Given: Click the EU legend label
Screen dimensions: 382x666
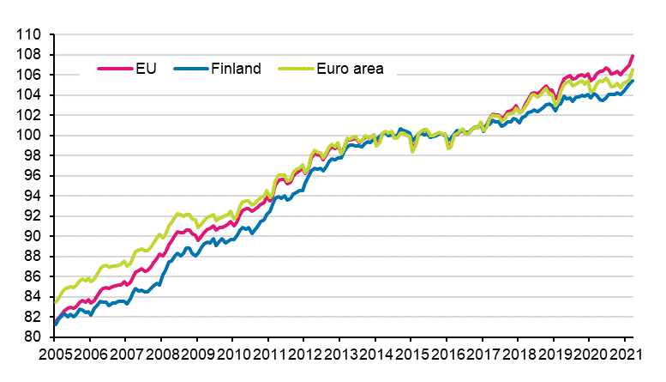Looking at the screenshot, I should (x=146, y=69).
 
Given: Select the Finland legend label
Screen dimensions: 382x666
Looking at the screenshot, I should (x=235, y=69).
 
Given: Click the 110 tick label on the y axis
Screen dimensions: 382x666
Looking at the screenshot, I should (x=30, y=35).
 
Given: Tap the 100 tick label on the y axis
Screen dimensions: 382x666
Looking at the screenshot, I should (x=30, y=136).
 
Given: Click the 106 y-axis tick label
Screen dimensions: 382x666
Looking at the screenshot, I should (x=30, y=76).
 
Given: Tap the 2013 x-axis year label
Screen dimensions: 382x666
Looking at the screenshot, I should (x=336, y=353).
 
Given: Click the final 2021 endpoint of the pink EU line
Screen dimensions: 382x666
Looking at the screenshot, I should (x=633, y=56).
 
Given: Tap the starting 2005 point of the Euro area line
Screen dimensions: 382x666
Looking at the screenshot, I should (x=55, y=302).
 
